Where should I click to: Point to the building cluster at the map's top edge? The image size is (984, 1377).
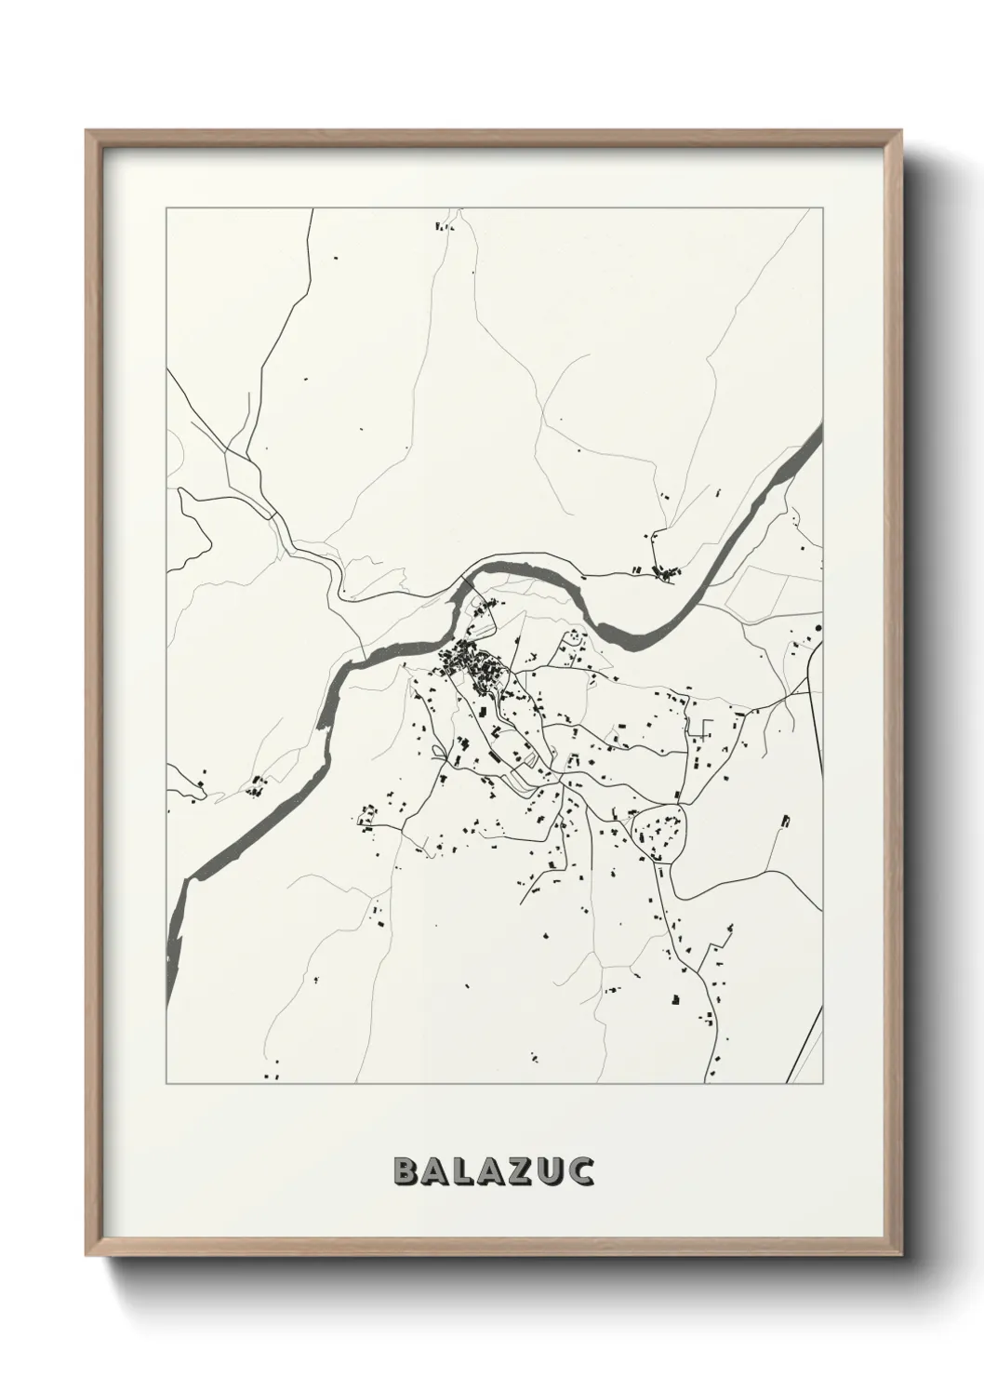444,225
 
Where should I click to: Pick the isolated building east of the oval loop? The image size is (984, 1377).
786,821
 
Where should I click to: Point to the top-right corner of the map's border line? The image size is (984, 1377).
823,208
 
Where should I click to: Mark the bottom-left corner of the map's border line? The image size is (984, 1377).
166,1084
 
